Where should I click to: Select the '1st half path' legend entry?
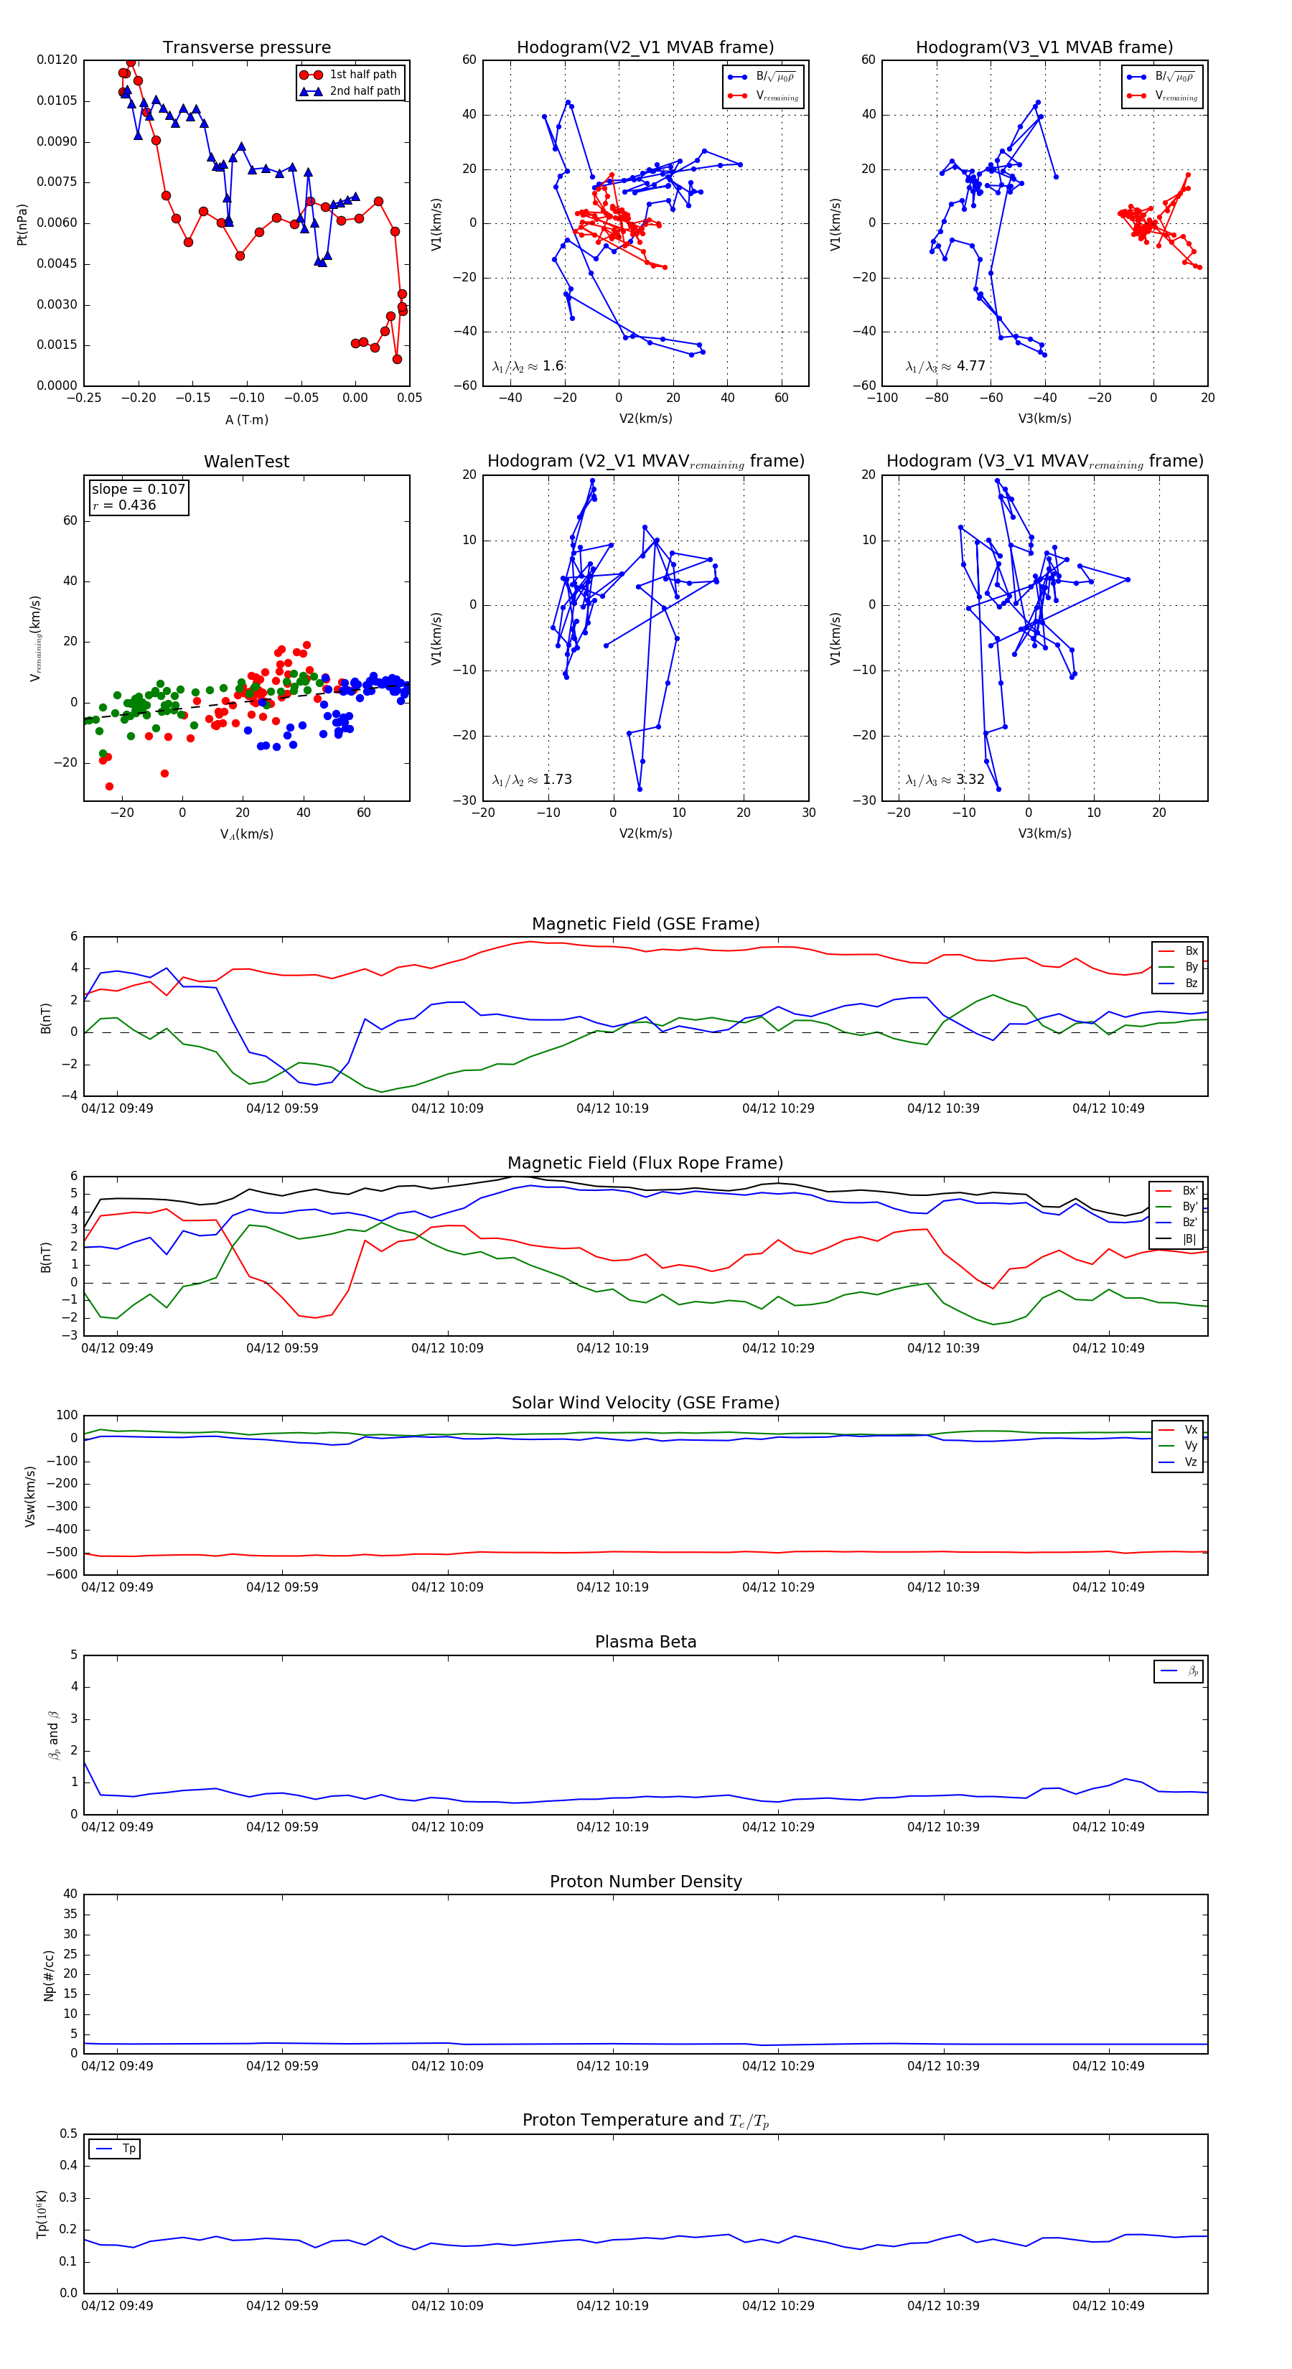click(363, 75)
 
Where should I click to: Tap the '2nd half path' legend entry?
click(365, 91)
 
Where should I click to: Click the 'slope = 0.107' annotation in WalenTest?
click(138, 490)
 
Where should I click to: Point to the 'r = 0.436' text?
click(124, 505)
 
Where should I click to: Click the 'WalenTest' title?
click(246, 462)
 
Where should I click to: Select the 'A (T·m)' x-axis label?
click(246, 419)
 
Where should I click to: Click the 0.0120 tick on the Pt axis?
click(57, 60)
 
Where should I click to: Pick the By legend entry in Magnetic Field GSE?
click(1191, 966)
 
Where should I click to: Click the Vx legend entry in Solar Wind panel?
click(1191, 1429)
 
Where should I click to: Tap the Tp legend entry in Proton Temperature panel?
click(128, 2149)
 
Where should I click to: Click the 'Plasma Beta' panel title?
click(645, 1642)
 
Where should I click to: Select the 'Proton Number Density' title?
click(645, 1881)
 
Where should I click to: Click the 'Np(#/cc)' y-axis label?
click(49, 1974)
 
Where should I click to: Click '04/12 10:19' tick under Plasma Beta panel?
click(612, 1826)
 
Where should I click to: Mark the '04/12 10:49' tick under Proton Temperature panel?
click(1108, 2304)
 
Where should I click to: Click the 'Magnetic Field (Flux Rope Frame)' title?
click(645, 1162)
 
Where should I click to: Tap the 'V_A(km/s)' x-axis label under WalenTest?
click(246, 834)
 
